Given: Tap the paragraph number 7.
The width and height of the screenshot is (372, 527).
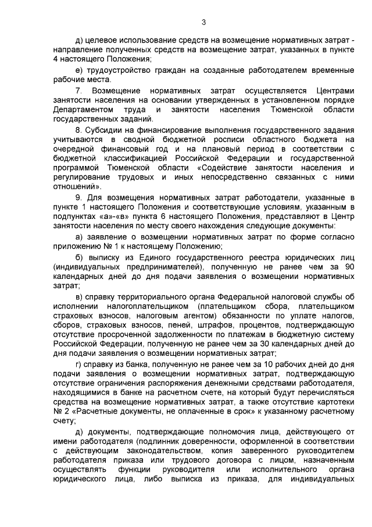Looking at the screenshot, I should pos(79,91).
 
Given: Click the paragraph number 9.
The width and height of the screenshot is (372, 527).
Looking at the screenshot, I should pos(79,197).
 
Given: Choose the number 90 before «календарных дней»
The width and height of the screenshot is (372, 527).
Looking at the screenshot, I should pos(348,266).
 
